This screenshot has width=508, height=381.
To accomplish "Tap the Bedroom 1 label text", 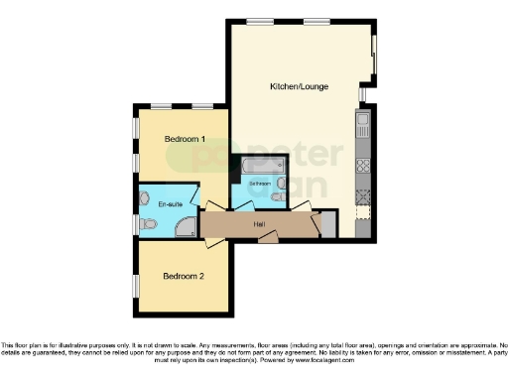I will coord(185,140).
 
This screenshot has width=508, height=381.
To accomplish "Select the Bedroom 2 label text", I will coord(184,275).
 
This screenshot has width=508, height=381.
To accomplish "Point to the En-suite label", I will coord(170,204).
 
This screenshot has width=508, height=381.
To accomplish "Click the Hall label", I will coord(258,224).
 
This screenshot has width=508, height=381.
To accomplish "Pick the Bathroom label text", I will coord(260,185).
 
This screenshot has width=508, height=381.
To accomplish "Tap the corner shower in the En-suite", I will coord(185,227).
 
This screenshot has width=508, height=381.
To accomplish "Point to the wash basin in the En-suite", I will coord(146,196).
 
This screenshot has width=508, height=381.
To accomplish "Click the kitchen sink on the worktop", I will coord(363,126).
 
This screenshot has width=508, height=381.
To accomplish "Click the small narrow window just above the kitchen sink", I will coord(362,94).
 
